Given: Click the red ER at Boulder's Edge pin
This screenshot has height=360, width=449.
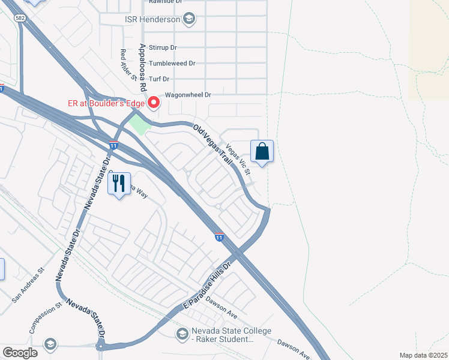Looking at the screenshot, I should [154, 103].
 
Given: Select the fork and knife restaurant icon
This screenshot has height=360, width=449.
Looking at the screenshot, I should [119, 184].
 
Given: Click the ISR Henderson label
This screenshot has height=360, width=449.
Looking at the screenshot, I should [152, 19].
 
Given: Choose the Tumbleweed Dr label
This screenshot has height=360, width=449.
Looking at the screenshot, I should [172, 63].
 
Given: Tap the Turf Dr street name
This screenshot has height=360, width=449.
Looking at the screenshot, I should [159, 79].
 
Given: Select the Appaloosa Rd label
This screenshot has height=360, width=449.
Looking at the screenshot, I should [143, 67].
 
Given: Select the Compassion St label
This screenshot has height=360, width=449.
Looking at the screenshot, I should [45, 318].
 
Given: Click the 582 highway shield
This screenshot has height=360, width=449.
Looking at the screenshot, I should [20, 19].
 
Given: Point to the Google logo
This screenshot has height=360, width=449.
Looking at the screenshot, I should [20, 353].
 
